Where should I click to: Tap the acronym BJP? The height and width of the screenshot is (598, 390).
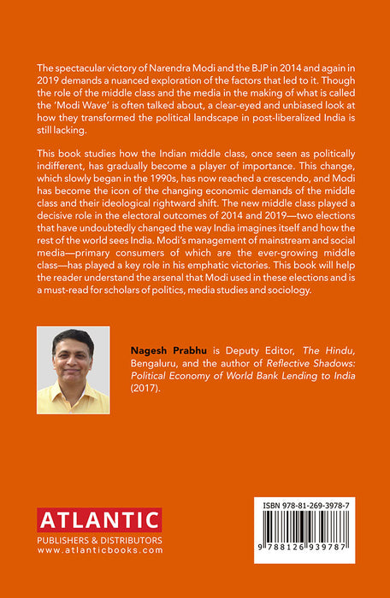pos(232,67)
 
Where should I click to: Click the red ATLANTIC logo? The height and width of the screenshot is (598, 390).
pos(99,519)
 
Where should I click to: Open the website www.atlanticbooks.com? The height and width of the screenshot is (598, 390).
pos(99,550)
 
